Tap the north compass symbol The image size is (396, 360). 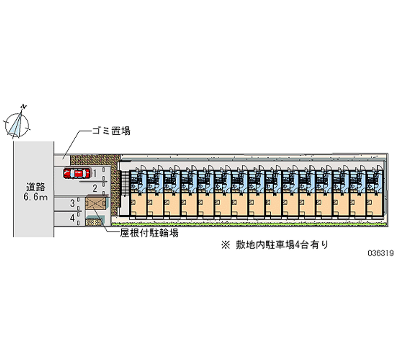coord(18,123)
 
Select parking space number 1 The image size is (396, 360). coord(95,173)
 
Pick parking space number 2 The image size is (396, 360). coord(95,187)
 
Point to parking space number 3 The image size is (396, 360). coord(72,203)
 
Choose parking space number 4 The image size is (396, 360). coord(72,217)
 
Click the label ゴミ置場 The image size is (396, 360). coord(111,131)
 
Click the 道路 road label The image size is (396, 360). coord(36,187)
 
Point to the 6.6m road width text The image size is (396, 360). coord(36,198)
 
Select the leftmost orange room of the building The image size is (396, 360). coord(138,205)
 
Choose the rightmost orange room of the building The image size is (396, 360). coord(374,205)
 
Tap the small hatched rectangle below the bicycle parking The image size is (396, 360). coord(92,222)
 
